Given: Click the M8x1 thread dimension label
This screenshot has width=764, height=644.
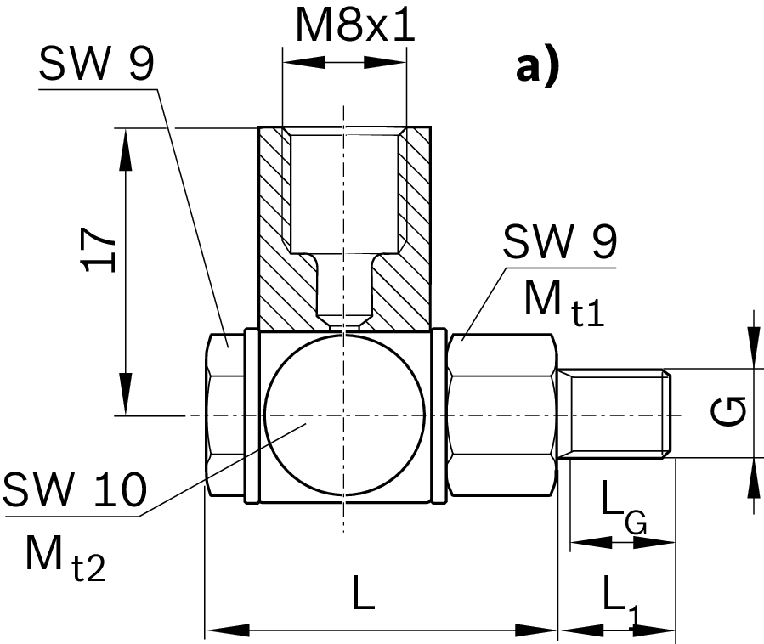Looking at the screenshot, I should pos(354,27).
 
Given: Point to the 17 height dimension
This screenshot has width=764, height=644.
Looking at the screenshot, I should pos(100,249).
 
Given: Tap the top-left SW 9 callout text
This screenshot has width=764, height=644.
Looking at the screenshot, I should pos(96,65).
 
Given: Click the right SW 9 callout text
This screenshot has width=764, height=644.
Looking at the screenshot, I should pos(559,245).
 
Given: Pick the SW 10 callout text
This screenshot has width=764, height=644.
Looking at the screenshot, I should pos(75,491).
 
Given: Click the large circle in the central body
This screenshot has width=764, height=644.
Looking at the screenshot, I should pos(344,415).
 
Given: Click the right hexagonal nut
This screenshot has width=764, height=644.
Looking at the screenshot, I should pos(501,415).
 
